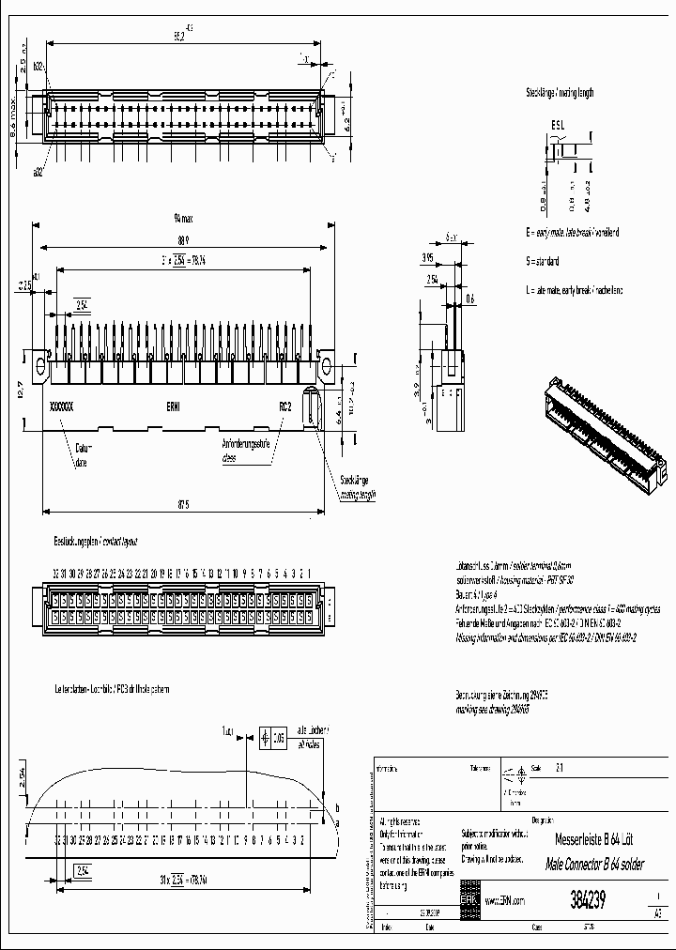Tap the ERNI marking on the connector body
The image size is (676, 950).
click(x=175, y=407)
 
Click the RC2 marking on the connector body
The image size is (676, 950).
click(x=284, y=407)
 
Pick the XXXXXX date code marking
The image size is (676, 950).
click(x=61, y=407)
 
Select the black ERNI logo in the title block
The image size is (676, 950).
click(x=468, y=898)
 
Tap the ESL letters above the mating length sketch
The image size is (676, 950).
click(x=558, y=124)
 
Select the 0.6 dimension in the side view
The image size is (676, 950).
click(x=469, y=299)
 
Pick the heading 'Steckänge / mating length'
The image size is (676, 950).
click(x=560, y=93)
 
